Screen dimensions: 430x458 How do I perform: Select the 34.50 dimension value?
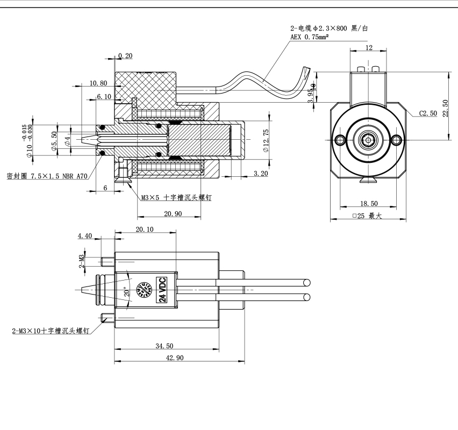(164, 346)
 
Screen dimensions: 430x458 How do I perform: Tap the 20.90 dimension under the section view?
(173, 214)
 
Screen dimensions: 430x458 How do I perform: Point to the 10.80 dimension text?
(98, 83)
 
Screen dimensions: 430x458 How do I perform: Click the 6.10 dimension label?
(104, 96)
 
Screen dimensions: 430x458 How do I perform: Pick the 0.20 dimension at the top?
(125, 56)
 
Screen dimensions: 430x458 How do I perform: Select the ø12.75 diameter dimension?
(266, 139)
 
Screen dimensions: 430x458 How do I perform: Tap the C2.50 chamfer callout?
(428, 114)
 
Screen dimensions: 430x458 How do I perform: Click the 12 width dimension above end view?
(368, 48)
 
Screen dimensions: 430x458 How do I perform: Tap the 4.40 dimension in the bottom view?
(85, 235)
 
